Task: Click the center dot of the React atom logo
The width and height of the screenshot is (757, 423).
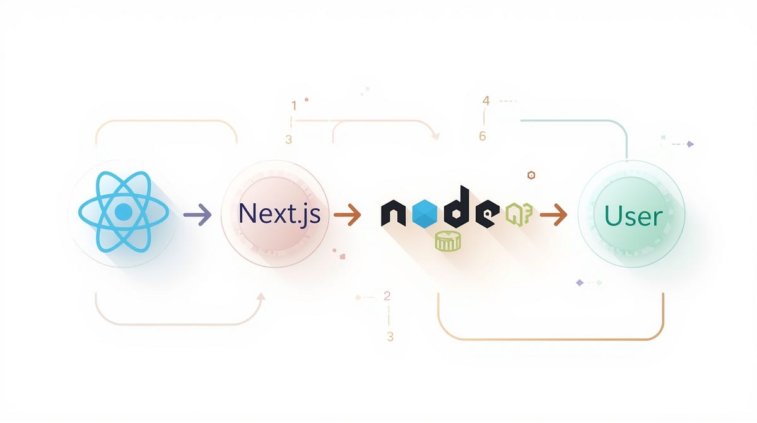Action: coord(124,213)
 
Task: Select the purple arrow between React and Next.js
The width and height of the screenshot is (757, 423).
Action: coord(197,215)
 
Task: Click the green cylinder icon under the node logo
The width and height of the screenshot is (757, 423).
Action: coord(448,242)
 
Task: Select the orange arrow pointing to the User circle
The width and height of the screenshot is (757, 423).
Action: coord(554,215)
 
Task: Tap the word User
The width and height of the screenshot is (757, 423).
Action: coord(633,217)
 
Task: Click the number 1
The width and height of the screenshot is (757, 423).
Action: coord(293,105)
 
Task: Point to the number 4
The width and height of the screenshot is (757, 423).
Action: coord(485,100)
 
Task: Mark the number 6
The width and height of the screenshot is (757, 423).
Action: coord(483,136)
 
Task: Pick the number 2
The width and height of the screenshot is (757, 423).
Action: coord(387,296)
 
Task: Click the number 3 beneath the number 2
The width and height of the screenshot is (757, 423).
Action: coord(390,337)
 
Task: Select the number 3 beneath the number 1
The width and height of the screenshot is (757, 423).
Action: coord(288,140)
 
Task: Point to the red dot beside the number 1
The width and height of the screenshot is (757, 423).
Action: coord(307,99)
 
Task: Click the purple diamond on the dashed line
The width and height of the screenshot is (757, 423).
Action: coord(690,144)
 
